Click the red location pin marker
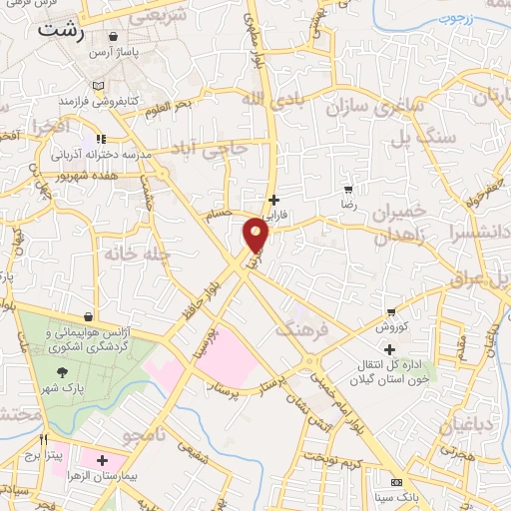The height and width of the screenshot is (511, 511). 256,234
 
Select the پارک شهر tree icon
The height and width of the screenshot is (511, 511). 64,371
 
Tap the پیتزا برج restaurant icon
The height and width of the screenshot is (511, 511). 44,438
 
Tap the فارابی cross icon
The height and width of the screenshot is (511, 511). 273,199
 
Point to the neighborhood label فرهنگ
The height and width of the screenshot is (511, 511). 299,328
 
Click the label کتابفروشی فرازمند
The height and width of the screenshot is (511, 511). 97,102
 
